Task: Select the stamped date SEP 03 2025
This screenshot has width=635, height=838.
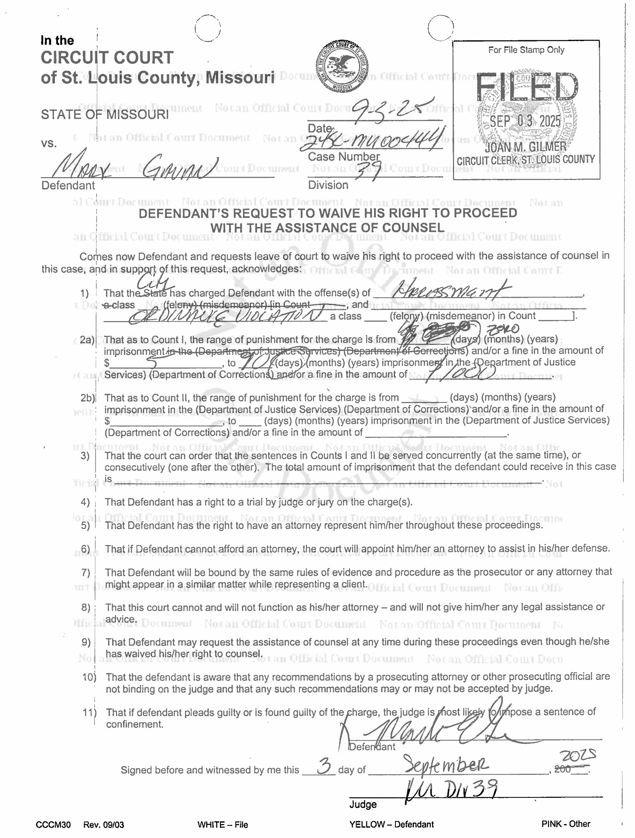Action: click(x=525, y=121)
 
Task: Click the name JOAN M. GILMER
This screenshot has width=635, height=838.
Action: click(x=525, y=147)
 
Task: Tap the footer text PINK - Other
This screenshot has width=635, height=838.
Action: click(x=566, y=824)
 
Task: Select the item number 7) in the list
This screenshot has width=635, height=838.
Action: click(x=86, y=572)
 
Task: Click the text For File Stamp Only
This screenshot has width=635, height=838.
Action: click(x=526, y=50)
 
